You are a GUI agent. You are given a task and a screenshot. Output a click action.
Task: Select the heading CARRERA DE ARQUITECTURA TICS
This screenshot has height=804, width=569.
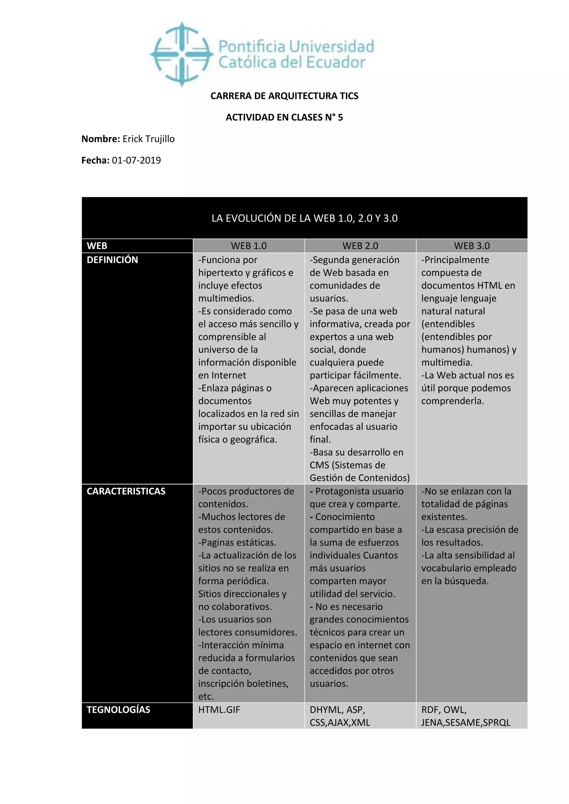click(284, 96)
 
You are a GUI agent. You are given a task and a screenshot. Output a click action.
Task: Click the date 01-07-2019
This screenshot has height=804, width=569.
click(136, 160)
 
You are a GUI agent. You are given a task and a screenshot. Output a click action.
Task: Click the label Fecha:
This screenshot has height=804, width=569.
click(95, 160)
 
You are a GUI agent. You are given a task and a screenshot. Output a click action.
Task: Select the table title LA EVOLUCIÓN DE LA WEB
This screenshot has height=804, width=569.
click(304, 218)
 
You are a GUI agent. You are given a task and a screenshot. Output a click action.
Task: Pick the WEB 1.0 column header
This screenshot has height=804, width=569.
click(249, 246)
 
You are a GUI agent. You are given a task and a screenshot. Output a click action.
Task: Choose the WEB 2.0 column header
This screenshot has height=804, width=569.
click(360, 246)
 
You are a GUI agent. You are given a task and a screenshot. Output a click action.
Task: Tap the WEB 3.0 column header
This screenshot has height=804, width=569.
click(471, 246)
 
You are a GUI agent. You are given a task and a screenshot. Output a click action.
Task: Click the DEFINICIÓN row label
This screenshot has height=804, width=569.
click(113, 260)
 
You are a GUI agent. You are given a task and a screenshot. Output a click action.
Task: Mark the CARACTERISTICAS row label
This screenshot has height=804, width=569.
click(126, 491)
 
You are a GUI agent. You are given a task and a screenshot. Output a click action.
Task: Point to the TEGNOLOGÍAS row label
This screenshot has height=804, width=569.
click(118, 710)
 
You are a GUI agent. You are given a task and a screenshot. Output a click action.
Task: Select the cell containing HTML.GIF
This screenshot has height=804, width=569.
click(219, 710)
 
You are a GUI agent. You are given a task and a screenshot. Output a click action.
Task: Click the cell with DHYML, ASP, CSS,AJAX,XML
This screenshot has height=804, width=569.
click(340, 716)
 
